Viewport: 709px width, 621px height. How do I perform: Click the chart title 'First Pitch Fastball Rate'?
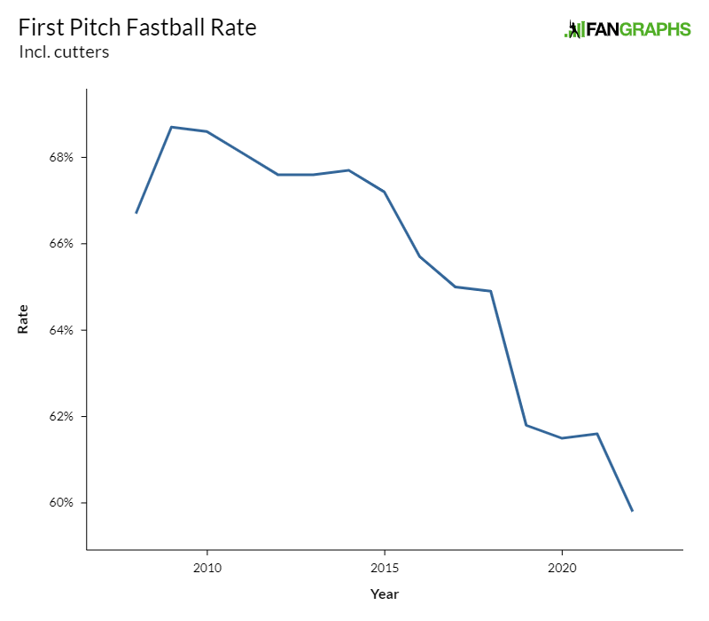click(x=137, y=28)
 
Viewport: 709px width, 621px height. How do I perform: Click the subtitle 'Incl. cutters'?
click(x=64, y=52)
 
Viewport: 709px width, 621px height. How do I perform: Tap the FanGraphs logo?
click(x=627, y=29)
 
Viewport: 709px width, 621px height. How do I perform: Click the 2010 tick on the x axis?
click(x=207, y=567)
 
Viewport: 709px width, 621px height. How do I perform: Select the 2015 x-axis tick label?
click(x=385, y=567)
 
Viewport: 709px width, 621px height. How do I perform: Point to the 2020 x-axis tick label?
click(x=562, y=567)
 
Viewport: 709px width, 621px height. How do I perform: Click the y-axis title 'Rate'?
click(x=23, y=319)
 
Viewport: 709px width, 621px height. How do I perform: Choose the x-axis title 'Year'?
click(x=385, y=594)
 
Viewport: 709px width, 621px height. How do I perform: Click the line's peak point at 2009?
click(x=171, y=127)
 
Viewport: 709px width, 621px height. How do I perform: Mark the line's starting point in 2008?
click(x=136, y=213)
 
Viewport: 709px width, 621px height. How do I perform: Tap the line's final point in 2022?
click(x=632, y=511)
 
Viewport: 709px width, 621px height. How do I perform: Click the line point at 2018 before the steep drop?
click(x=490, y=291)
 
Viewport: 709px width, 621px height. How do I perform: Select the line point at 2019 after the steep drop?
click(x=526, y=425)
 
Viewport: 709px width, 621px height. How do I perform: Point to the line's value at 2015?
click(x=384, y=192)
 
